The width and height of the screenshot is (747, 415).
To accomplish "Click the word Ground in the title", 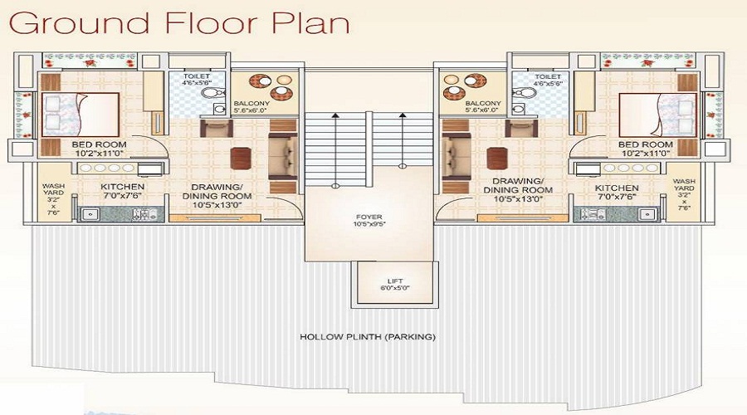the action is tap(79, 24).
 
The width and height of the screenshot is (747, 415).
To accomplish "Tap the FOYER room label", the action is tap(369, 217).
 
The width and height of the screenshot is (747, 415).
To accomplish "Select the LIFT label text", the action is tap(395, 281).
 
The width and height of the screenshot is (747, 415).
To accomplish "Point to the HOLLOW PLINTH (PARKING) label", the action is tap(368, 337).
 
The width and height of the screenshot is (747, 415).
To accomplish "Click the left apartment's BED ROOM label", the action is tap(99, 144).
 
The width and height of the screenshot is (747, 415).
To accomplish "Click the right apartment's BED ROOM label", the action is tap(646, 144).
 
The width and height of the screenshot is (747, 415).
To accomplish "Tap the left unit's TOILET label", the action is tap(196, 76).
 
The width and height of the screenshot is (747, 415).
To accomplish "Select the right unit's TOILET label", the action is tap(548, 76).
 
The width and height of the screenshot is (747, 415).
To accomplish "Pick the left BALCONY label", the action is tap(251, 104).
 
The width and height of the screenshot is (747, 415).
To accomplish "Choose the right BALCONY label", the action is tap(483, 104).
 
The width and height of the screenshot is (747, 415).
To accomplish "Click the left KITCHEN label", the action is tap(123, 187).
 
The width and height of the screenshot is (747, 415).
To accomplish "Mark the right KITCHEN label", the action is tap(617, 188).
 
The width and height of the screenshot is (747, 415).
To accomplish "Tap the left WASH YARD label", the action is tap(53, 189).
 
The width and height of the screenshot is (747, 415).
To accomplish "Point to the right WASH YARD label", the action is tap(684, 184).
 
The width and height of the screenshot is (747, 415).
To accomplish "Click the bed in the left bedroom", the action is tap(80, 115).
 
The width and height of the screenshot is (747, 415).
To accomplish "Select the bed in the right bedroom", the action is tap(657, 115).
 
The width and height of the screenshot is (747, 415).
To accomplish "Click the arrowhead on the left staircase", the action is tap(335, 115).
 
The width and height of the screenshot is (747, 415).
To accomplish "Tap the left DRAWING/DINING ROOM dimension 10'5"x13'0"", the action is tap(217, 205).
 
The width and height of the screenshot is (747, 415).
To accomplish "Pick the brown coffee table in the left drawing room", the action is tap(241, 159).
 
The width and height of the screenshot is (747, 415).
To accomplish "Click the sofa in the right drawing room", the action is tap(456, 157).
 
